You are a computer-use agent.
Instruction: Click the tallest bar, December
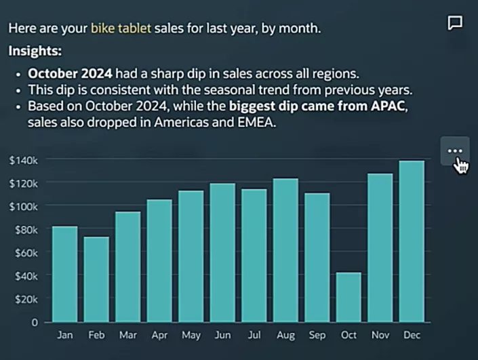[412, 241]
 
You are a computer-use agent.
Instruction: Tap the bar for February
[97, 279]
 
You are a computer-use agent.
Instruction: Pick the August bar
[285, 250]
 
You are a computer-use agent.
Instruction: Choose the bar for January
[65, 274]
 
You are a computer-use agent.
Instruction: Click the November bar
[380, 247]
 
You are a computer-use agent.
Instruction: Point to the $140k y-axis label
[23, 160]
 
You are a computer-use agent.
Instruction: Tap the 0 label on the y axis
[34, 323]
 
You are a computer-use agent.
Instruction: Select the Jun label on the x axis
[222, 336]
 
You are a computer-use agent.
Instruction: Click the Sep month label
[317, 336]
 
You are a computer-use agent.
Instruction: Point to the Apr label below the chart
[159, 336]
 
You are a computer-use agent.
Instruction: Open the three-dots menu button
[455, 151]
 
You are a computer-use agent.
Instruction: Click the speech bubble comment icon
[456, 23]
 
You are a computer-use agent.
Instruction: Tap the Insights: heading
[35, 51]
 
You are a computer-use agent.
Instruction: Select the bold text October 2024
[70, 73]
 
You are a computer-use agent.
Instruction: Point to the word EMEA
[241, 123]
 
